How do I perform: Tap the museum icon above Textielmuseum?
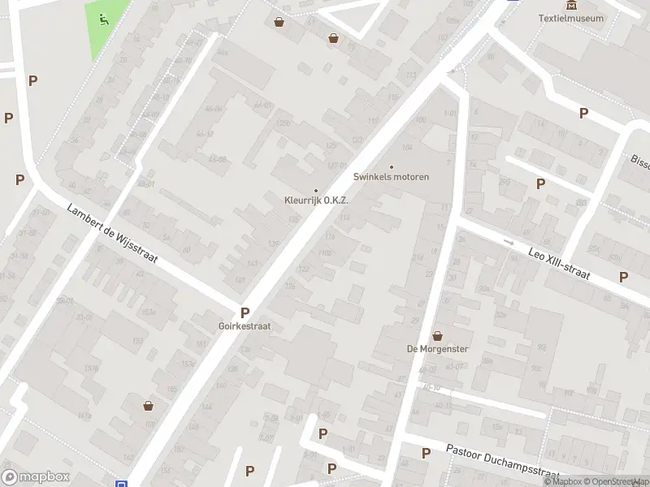point(573,5)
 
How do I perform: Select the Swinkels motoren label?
point(391,176)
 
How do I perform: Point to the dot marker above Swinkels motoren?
point(391,166)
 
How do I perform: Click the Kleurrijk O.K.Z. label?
point(316,200)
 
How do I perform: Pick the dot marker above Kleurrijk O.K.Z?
point(316,191)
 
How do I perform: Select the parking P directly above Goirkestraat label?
point(245,312)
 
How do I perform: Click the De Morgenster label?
point(437,349)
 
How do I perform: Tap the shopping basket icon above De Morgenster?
point(437,336)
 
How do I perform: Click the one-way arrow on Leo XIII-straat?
point(509,242)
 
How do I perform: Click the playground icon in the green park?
point(102,19)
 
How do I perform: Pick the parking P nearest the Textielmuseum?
point(583,114)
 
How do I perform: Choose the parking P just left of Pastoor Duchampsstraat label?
point(426,454)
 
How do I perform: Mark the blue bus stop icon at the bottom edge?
point(121,484)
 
